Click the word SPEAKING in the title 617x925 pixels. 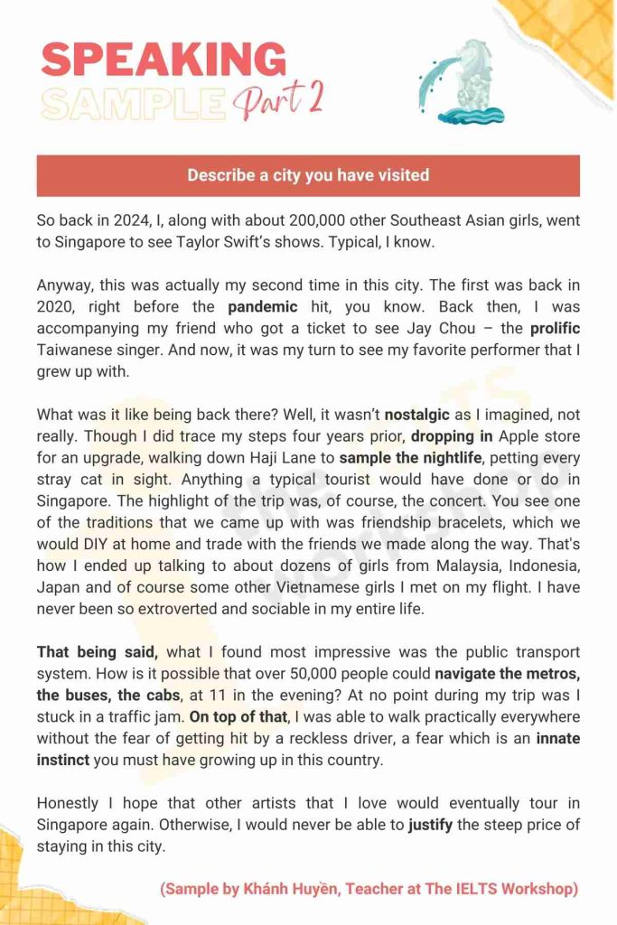tap(164, 60)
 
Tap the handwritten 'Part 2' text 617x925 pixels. tap(278, 100)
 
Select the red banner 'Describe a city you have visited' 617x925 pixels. tap(308, 175)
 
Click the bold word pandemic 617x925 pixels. tap(265, 306)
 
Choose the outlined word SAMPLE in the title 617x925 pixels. tap(133, 103)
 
